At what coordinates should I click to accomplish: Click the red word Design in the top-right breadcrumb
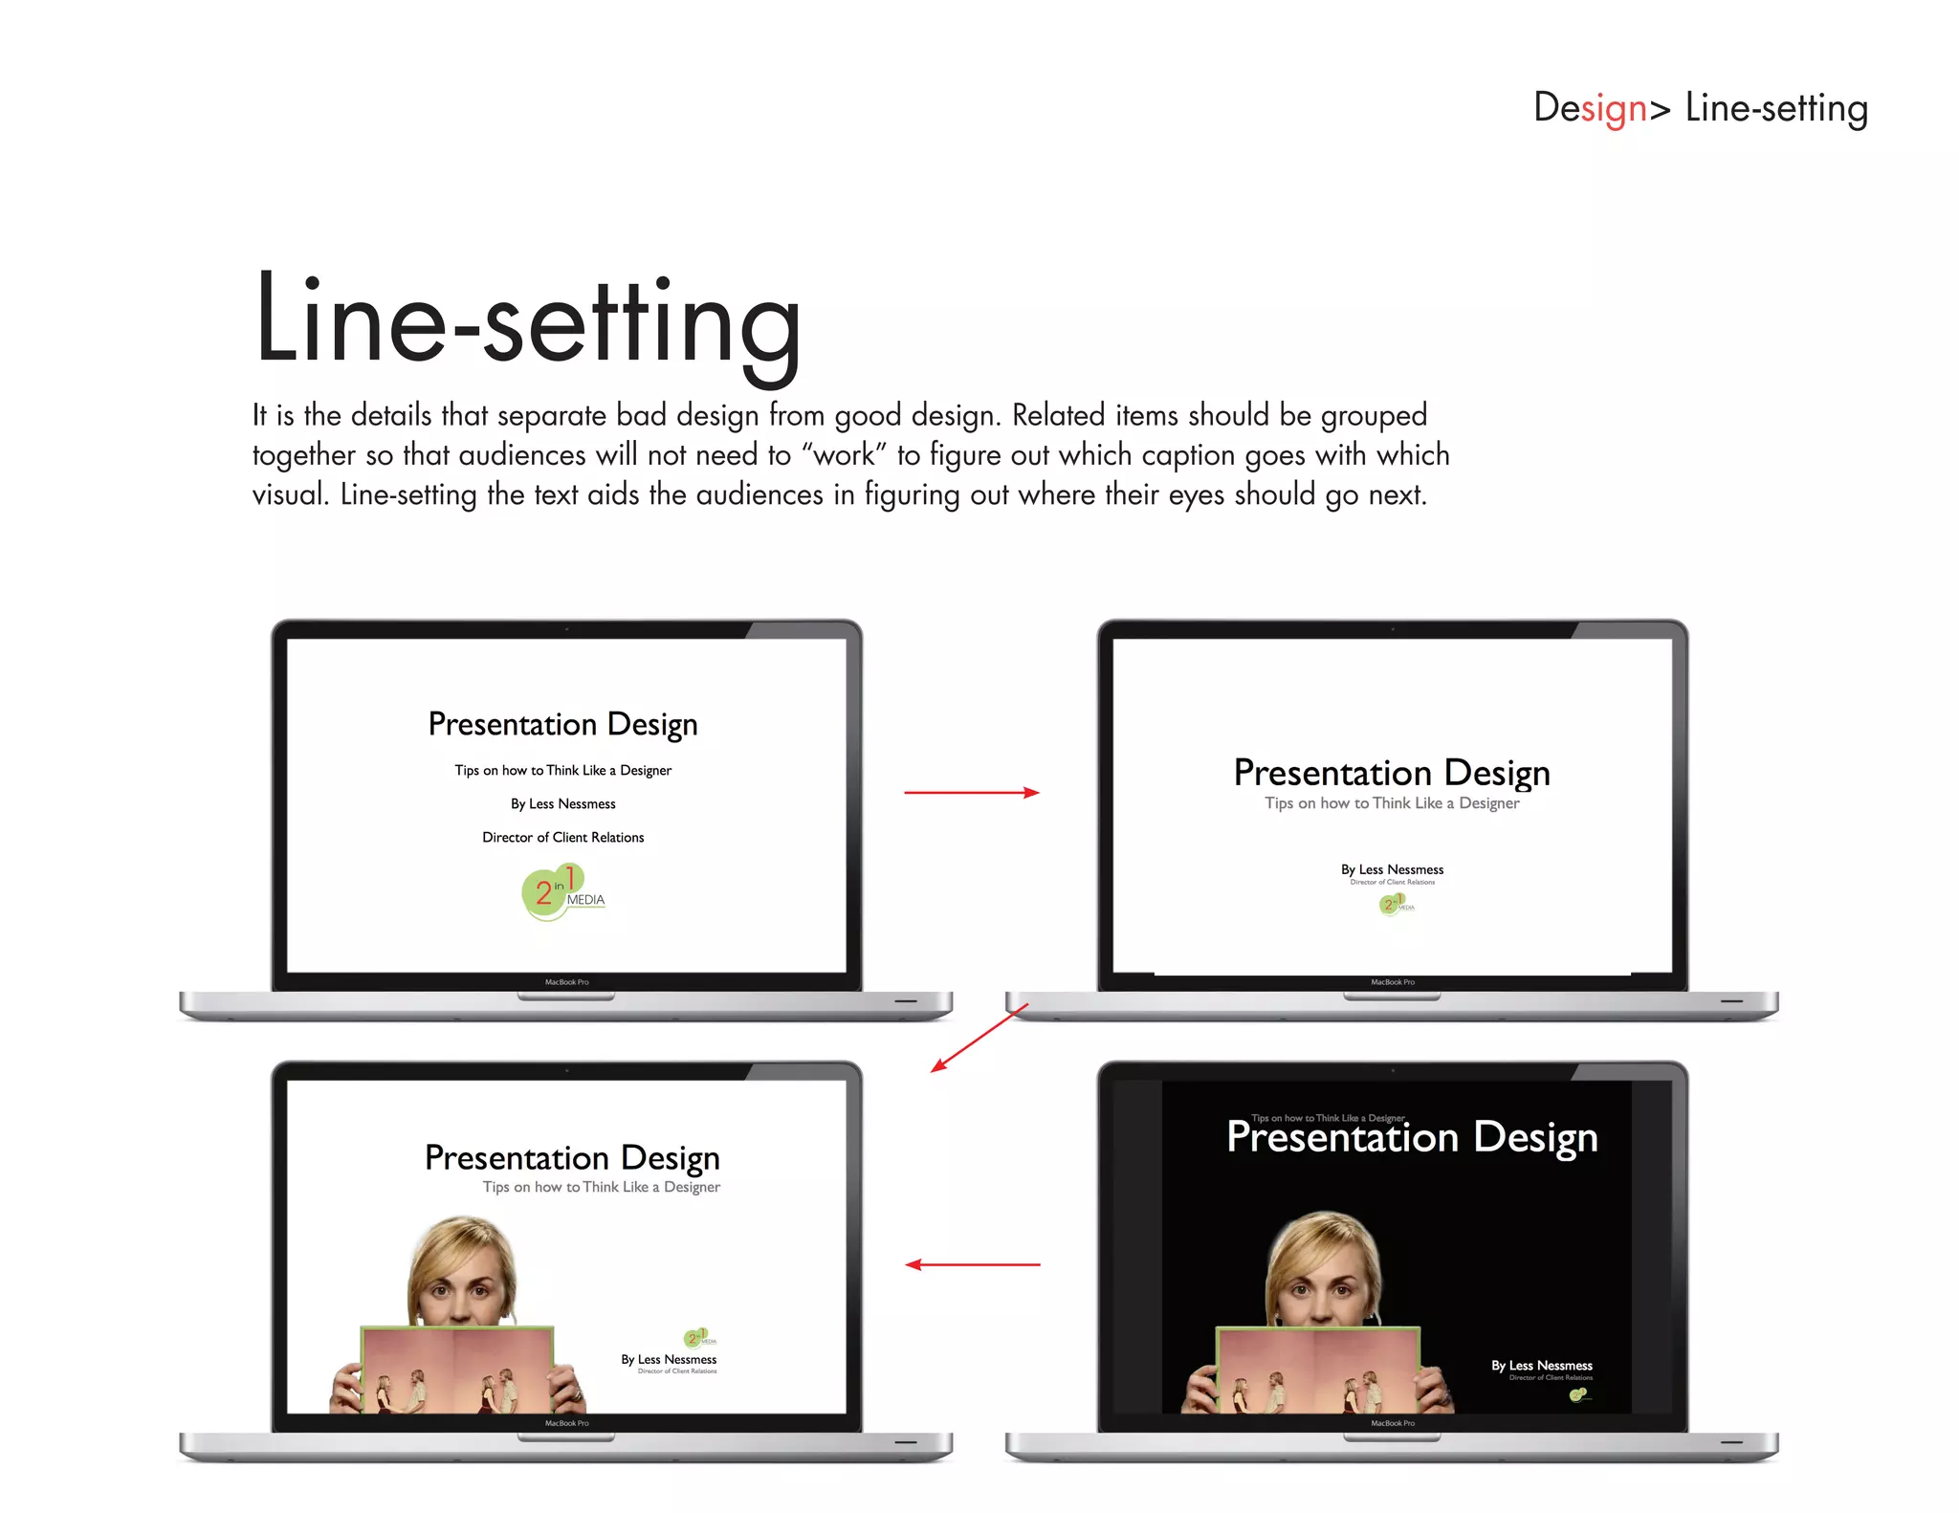(x=1590, y=108)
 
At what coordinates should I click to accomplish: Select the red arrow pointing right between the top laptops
(x=971, y=792)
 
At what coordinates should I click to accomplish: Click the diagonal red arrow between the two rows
(x=979, y=1038)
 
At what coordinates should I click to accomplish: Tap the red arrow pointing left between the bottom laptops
(x=972, y=1264)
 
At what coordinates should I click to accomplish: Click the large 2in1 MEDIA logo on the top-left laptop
(x=562, y=892)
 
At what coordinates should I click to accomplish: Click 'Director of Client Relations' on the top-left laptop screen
(x=562, y=837)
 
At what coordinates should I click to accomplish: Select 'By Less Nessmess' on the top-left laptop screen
(x=562, y=803)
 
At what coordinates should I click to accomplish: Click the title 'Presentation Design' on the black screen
(x=1412, y=1138)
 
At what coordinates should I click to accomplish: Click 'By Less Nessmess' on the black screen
(x=1541, y=1366)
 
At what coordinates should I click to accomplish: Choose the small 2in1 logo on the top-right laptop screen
(x=1395, y=903)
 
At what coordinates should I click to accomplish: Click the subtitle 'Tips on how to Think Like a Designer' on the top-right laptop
(x=1391, y=803)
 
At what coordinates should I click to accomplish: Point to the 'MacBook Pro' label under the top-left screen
(x=566, y=982)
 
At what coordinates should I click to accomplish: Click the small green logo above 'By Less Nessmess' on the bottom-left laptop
(x=699, y=1337)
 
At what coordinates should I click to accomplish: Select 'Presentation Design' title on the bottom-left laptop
(x=572, y=1158)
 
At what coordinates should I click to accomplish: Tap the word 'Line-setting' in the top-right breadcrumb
(x=1775, y=108)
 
